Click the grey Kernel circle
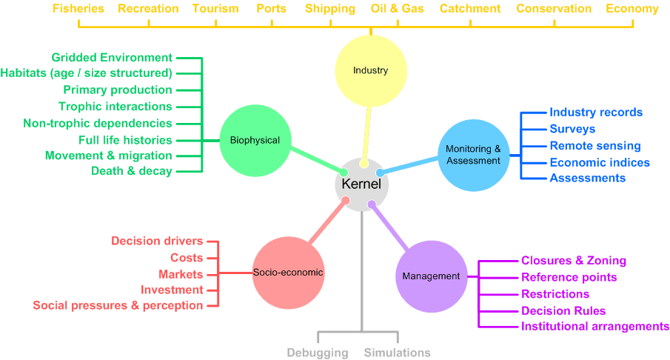click(362, 184)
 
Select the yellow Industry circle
click(370, 71)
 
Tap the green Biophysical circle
click(255, 140)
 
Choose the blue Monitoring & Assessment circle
click(473, 155)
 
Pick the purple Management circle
click(431, 276)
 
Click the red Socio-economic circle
click(288, 273)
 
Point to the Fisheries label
click(78, 9)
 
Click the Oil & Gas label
click(398, 9)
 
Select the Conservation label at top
click(554, 9)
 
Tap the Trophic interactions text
click(115, 107)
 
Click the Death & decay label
click(132, 171)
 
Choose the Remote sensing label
click(595, 146)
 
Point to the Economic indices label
click(600, 162)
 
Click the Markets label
click(181, 274)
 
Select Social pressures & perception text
click(118, 305)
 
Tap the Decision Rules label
click(563, 310)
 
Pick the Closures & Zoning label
click(574, 261)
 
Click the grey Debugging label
click(318, 353)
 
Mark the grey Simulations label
click(397, 353)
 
